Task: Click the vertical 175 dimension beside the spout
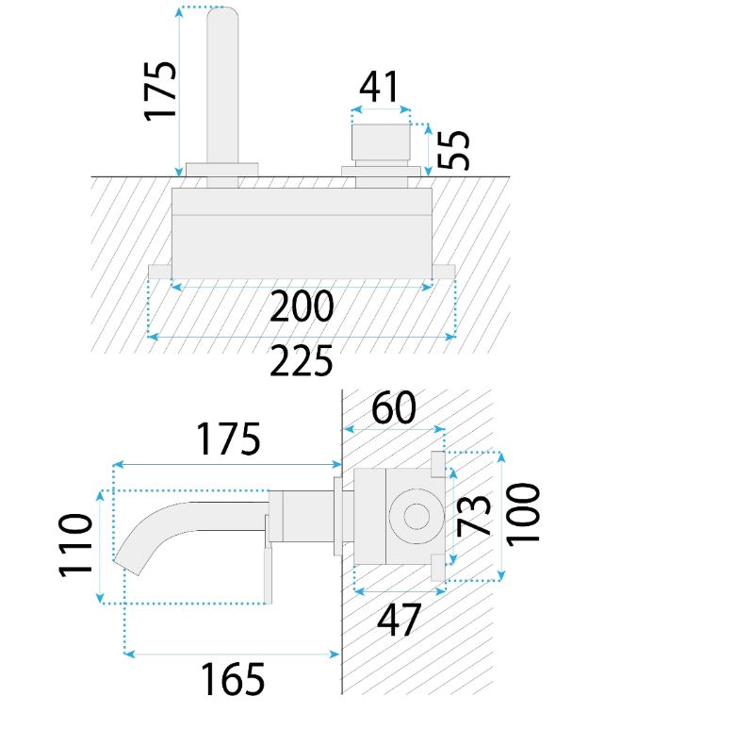[160, 91]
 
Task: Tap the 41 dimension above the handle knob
[379, 87]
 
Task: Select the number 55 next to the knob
[453, 150]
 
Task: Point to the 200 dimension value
[302, 306]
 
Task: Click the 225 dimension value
[302, 360]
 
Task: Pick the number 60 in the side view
[394, 407]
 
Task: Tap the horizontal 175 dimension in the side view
[229, 439]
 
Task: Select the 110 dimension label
[75, 545]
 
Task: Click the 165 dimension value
[233, 679]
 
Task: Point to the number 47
[399, 620]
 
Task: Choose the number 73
[474, 516]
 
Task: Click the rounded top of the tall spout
[222, 13]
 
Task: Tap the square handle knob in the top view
[382, 142]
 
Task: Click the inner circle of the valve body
[417, 517]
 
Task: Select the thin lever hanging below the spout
[268, 573]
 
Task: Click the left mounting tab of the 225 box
[159, 272]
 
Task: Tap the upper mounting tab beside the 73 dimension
[438, 464]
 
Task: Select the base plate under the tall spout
[222, 170]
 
